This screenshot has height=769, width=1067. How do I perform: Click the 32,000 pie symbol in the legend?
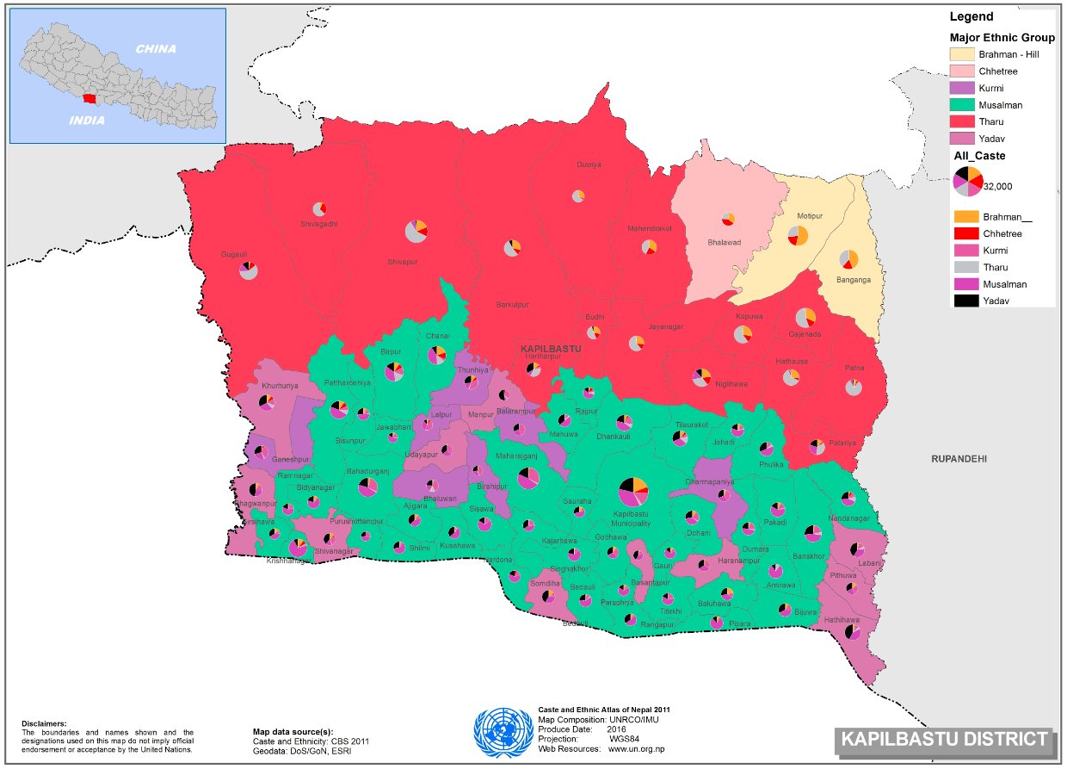tap(968, 181)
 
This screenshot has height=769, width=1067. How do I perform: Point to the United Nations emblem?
tap(503, 732)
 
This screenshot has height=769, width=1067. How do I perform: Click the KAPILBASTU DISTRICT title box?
tap(944, 739)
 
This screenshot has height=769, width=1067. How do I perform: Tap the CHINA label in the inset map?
tap(156, 49)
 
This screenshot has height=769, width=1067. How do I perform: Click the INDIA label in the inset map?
tap(88, 121)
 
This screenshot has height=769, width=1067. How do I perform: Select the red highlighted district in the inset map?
tap(89, 99)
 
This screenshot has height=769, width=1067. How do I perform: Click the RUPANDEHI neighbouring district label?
tap(959, 459)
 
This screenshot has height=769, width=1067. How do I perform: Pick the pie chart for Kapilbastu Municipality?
tap(632, 492)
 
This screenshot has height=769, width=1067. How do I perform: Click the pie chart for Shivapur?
tap(416, 231)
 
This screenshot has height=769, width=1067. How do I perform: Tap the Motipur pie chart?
tap(798, 235)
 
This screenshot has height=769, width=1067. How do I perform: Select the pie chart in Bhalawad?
tap(728, 220)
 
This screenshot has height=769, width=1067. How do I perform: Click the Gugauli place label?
tap(234, 254)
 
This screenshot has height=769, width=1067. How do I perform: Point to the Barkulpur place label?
tap(512, 305)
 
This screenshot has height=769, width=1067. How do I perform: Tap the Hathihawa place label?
tap(842, 619)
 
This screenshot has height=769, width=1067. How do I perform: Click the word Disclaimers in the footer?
tap(43, 723)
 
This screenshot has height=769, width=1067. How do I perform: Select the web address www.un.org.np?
tap(636, 749)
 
